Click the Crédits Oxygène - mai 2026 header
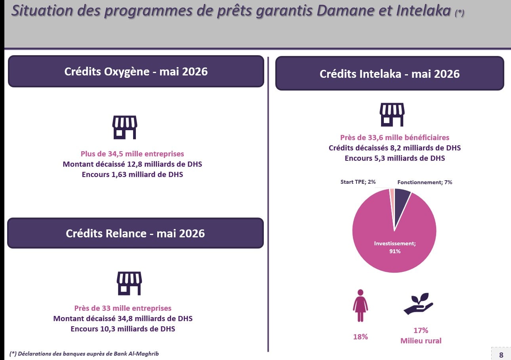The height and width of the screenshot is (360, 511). pyautogui.click(x=136, y=71)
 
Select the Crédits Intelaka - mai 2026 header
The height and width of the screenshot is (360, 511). pyautogui.click(x=390, y=73)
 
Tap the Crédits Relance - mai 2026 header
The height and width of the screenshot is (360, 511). pyautogui.click(x=135, y=233)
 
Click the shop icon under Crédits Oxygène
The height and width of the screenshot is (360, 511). pyautogui.click(x=125, y=127)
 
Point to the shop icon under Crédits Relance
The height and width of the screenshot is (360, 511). pyautogui.click(x=130, y=283)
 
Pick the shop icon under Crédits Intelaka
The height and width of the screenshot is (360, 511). pyautogui.click(x=392, y=115)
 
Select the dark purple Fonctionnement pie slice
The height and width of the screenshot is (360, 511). pyautogui.click(x=401, y=201)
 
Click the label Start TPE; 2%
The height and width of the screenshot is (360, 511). pyautogui.click(x=358, y=182)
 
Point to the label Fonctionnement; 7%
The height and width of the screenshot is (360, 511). pyautogui.click(x=425, y=183)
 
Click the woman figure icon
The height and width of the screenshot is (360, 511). pyautogui.click(x=360, y=306)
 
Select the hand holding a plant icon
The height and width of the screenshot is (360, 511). pyautogui.click(x=418, y=304)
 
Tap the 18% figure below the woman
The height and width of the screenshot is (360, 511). pyautogui.click(x=360, y=337)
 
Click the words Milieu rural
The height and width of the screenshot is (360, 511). pyautogui.click(x=421, y=341)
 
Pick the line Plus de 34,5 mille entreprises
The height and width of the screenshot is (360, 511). pyautogui.click(x=132, y=154)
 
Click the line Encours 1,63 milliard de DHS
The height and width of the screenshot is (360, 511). pyautogui.click(x=132, y=175)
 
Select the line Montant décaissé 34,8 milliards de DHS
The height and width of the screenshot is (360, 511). pyautogui.click(x=123, y=319)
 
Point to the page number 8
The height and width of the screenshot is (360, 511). pyautogui.click(x=501, y=355)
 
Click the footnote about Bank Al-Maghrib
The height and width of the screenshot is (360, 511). pyautogui.click(x=84, y=354)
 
